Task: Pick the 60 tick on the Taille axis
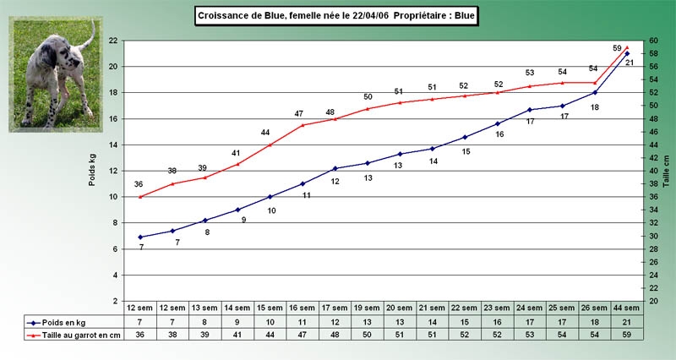coord(652,41)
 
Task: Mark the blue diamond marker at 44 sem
coord(627,53)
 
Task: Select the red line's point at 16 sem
coord(303,125)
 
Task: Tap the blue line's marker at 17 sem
coord(335,168)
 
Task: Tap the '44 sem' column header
coord(627,308)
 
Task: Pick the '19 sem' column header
coord(368,308)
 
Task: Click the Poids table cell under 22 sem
coord(465,322)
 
